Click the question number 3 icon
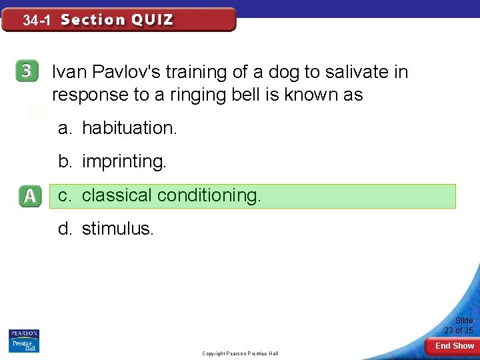coord(27,72)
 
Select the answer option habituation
coord(129,128)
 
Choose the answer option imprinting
coord(123,161)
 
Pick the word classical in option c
coord(117,195)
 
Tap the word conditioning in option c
coord(209,195)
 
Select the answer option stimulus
coord(117,229)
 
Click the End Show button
coord(455,346)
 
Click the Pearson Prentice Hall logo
coord(24,341)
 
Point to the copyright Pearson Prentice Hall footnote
coord(240,353)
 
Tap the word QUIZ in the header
coord(152,20)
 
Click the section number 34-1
coord(37,21)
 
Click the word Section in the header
coord(93,20)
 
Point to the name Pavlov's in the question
coord(123,72)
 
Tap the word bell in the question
coord(232,95)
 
